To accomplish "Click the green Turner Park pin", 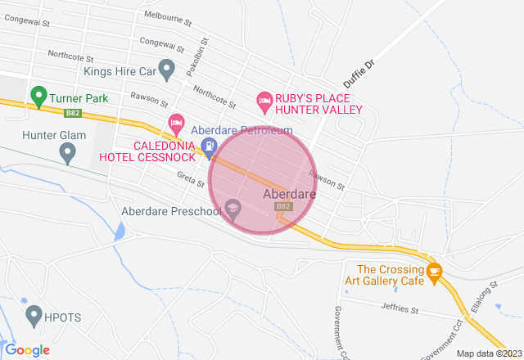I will coord(38,97).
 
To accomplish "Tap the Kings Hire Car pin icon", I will coord(167,70).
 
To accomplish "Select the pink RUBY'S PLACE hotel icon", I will coord(264,101).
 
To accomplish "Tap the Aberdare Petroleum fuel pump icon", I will coord(210,148).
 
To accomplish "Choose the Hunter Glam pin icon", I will coord(68,152).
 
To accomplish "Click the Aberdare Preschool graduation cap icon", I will coord(233,210).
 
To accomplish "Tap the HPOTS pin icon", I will coord(34,314).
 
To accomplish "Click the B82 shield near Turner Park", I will coord(73,110).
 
